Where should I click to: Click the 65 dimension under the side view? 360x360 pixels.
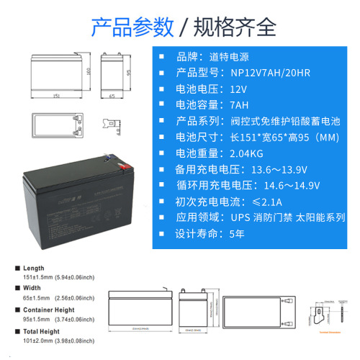112,94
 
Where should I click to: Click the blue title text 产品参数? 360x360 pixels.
132,27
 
